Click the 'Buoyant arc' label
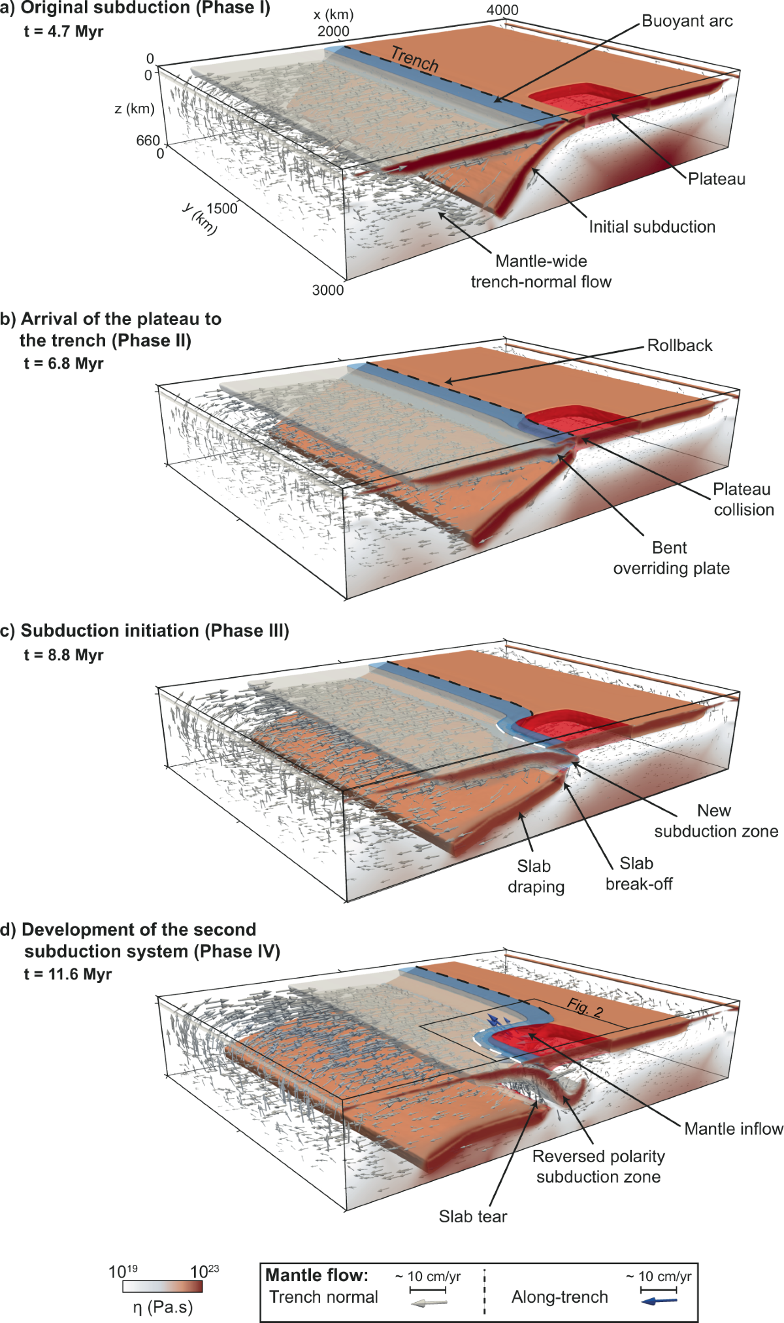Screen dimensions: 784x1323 [x=687, y=21]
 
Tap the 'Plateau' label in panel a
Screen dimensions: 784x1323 [x=716, y=178]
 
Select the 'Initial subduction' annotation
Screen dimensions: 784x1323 [x=651, y=227]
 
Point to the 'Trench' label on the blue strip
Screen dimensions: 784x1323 [x=414, y=59]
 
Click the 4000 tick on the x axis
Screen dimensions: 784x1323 [x=502, y=10]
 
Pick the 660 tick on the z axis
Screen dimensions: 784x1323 [x=148, y=141]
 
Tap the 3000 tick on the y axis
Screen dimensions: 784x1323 [x=327, y=290]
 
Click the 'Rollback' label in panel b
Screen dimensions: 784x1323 [x=679, y=345]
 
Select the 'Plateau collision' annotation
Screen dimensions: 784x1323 [x=743, y=499]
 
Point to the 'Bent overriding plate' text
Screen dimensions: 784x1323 [x=671, y=558]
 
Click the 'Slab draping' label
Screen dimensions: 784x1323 [x=536, y=876]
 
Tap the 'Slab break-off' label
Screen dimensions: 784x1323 [x=638, y=873]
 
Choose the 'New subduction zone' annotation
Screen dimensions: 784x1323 [x=716, y=820]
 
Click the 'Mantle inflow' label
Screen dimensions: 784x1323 [x=733, y=1128]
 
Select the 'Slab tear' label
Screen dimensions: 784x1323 [x=472, y=1216]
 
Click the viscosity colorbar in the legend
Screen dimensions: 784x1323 [x=163, y=1286]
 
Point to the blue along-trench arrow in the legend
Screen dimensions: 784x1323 [x=659, y=1301]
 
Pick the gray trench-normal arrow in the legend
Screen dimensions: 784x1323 [x=428, y=1302]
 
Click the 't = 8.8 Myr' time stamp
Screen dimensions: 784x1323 [x=63, y=655]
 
